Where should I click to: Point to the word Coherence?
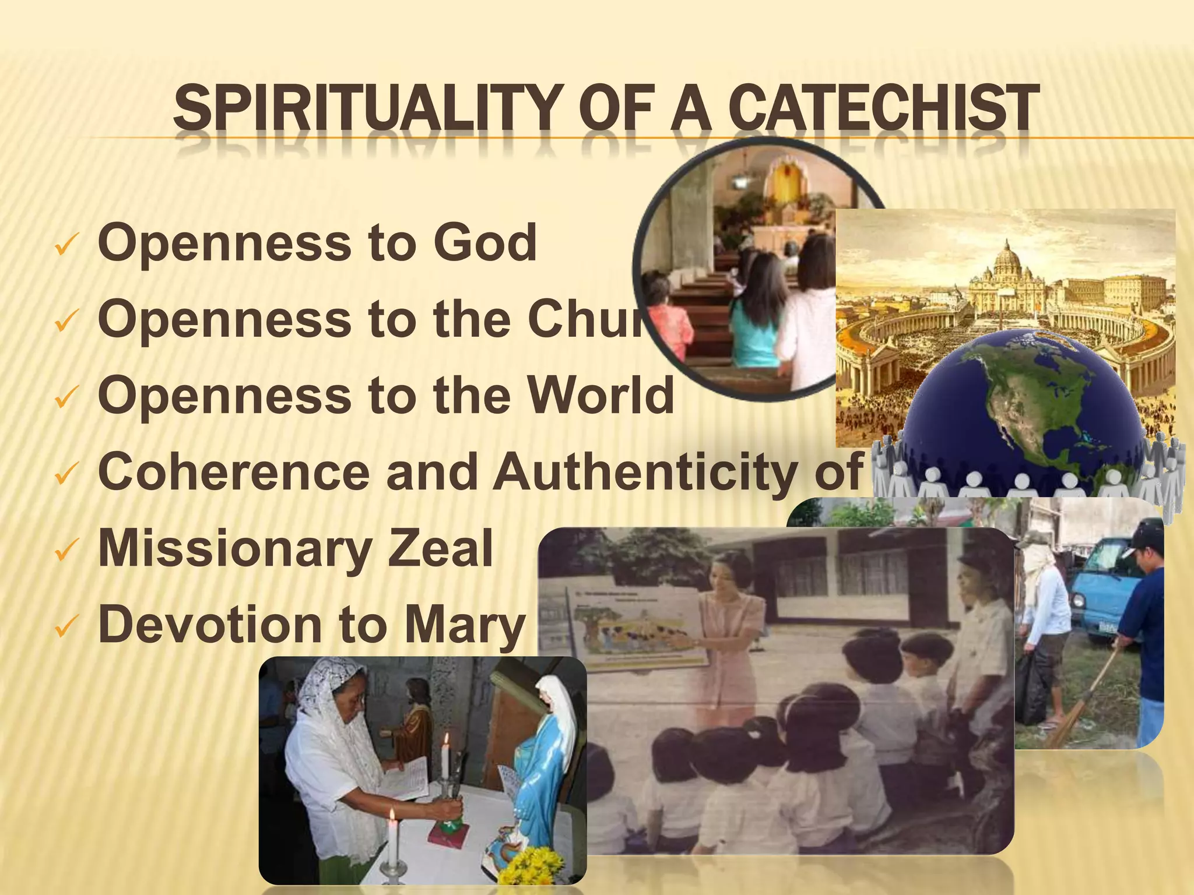coord(233,471)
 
